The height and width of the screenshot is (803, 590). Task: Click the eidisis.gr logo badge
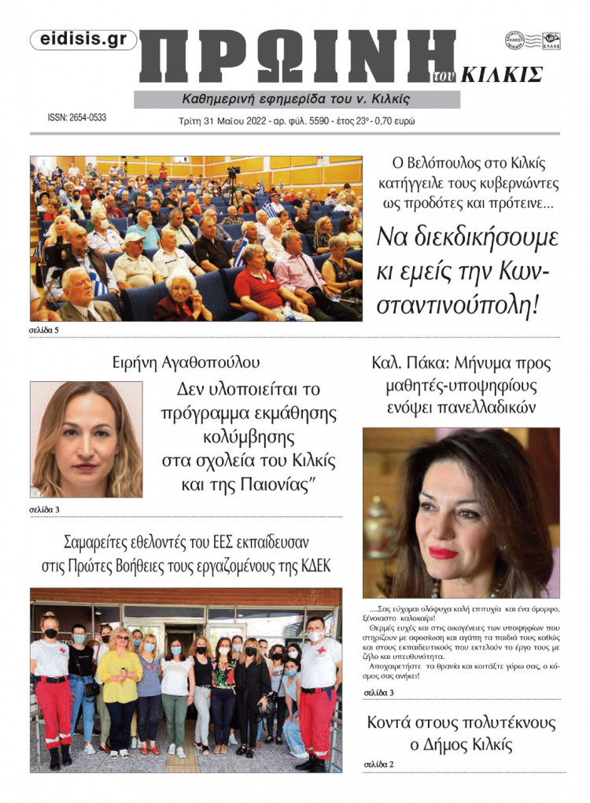[83, 40]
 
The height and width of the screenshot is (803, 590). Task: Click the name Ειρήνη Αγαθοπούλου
[186, 363]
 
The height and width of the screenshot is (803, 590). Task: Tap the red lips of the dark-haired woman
[443, 553]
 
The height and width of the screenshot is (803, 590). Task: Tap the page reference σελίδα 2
[378, 764]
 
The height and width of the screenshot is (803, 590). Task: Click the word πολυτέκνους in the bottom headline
[486, 722]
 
